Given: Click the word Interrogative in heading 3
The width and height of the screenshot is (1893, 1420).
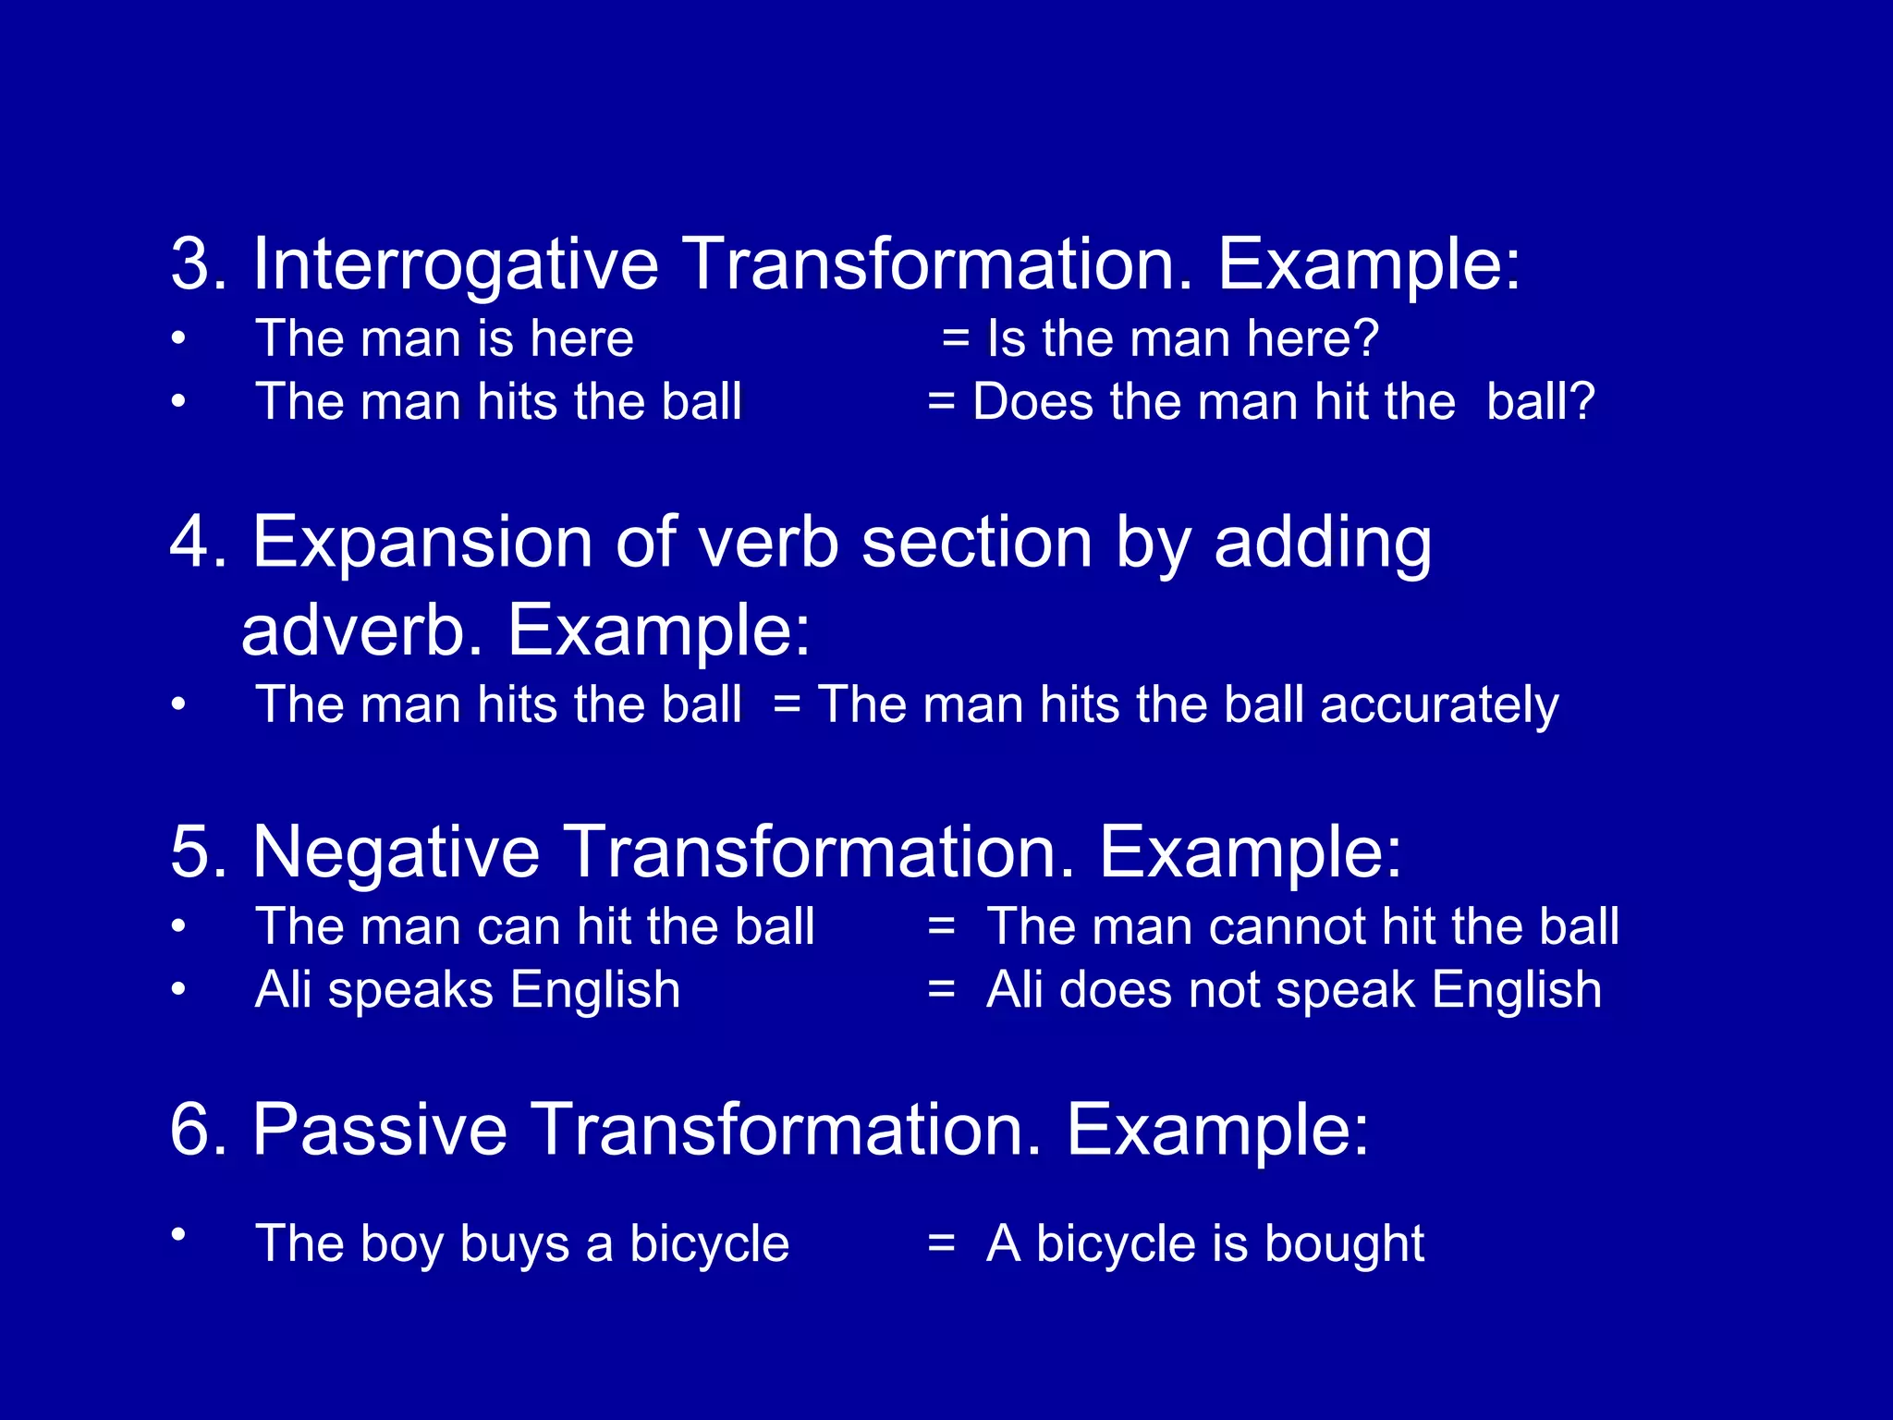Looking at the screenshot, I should (455, 265).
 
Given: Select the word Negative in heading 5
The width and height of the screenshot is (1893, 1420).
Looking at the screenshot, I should (396, 851).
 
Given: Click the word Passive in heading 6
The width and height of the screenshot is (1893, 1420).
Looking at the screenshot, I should (379, 1129).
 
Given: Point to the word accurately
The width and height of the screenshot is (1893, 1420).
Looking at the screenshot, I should (1439, 706).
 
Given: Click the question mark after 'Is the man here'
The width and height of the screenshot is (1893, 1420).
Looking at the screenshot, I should (1364, 338).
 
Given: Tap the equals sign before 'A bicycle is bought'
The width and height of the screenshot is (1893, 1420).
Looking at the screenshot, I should (941, 1242).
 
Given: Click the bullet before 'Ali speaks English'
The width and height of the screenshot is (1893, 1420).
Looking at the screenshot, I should (178, 989).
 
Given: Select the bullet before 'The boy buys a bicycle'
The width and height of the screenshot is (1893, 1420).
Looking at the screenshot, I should (178, 1233).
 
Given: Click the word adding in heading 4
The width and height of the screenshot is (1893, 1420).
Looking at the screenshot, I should (1323, 544).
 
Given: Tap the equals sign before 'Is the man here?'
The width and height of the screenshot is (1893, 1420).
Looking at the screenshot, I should (956, 339).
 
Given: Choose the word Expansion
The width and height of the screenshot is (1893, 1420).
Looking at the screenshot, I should (421, 544).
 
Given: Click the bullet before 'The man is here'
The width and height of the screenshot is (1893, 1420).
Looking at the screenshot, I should (178, 338).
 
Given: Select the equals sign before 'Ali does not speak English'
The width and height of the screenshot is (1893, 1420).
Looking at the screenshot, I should (941, 989).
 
